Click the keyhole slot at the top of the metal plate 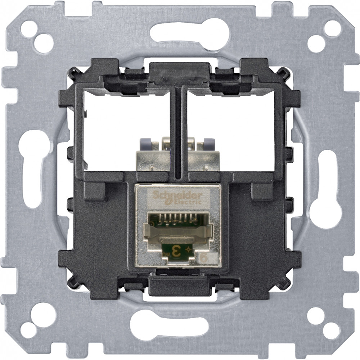tap(190, 34)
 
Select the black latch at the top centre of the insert tap(179, 70)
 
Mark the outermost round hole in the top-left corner tap(29, 29)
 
